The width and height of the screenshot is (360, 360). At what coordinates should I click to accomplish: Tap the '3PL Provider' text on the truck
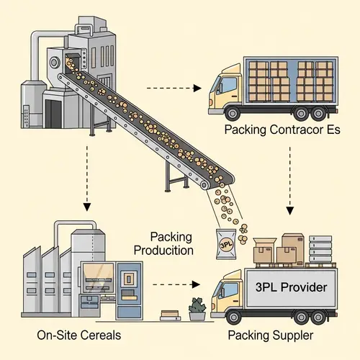click(x=292, y=288)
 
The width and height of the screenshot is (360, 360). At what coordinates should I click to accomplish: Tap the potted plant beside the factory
click(x=197, y=308)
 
